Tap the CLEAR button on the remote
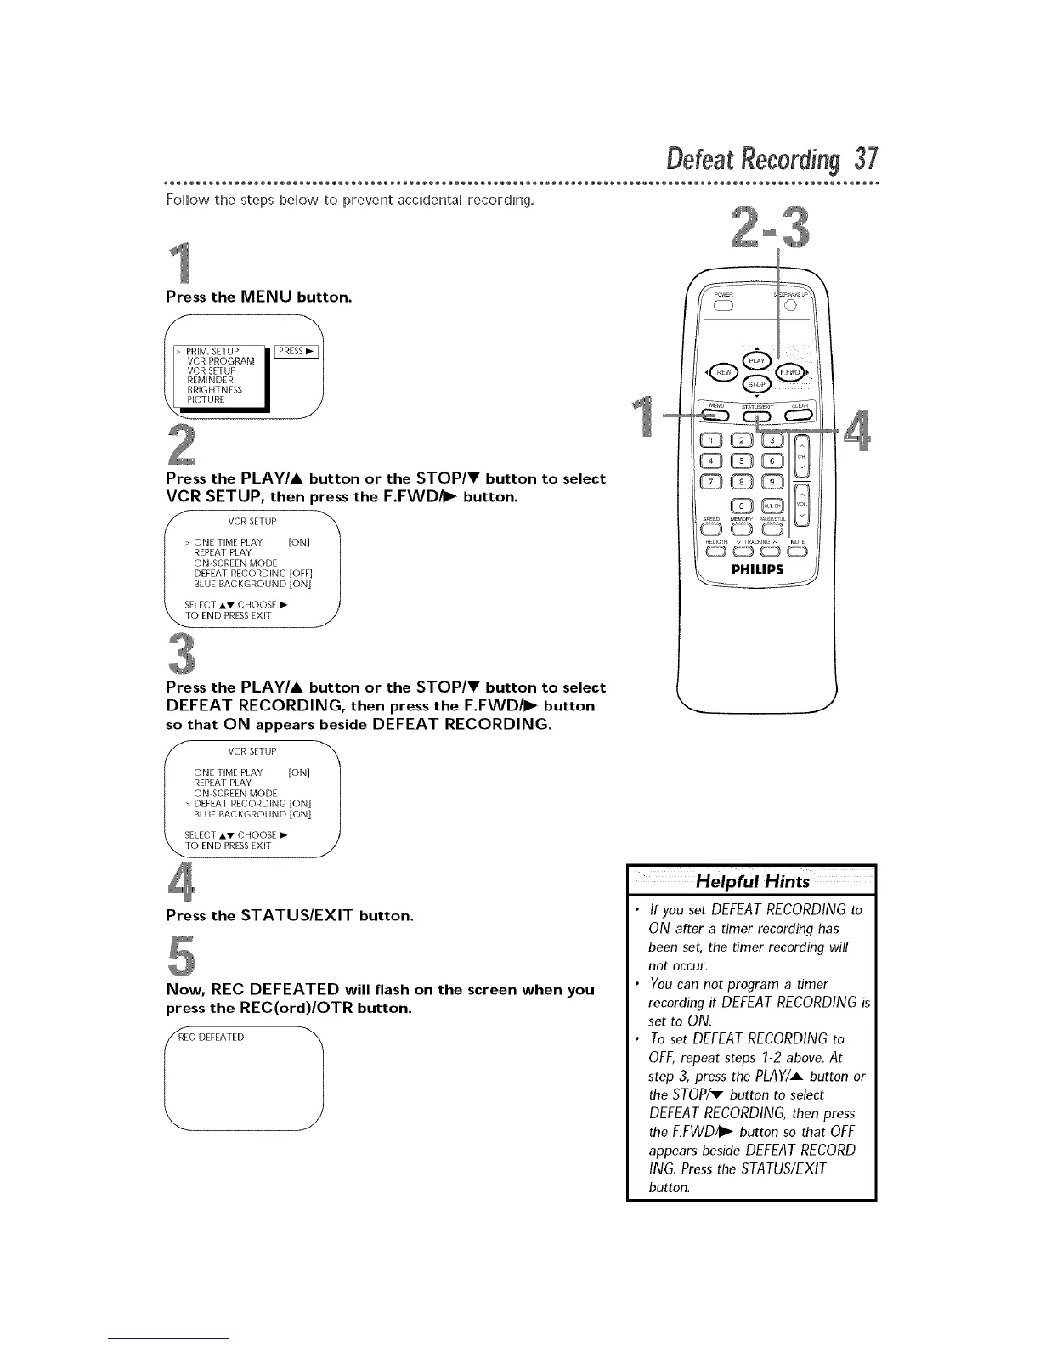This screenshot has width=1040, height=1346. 800,415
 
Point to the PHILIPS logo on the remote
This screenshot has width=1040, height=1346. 758,570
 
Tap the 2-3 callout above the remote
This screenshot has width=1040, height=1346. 770,228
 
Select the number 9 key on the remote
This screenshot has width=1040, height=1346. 772,481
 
